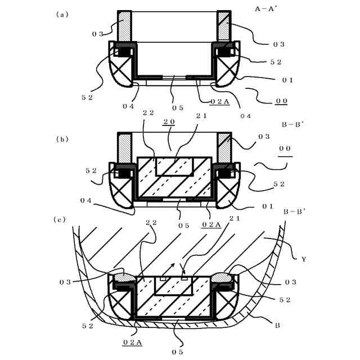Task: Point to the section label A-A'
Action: tap(266, 10)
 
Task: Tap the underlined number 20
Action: tap(168, 121)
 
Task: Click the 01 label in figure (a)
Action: tap(287, 80)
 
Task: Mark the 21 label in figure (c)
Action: tap(234, 219)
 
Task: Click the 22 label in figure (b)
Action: tap(148, 112)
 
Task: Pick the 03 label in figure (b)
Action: tap(263, 137)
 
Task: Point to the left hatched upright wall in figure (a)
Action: tap(124, 26)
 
